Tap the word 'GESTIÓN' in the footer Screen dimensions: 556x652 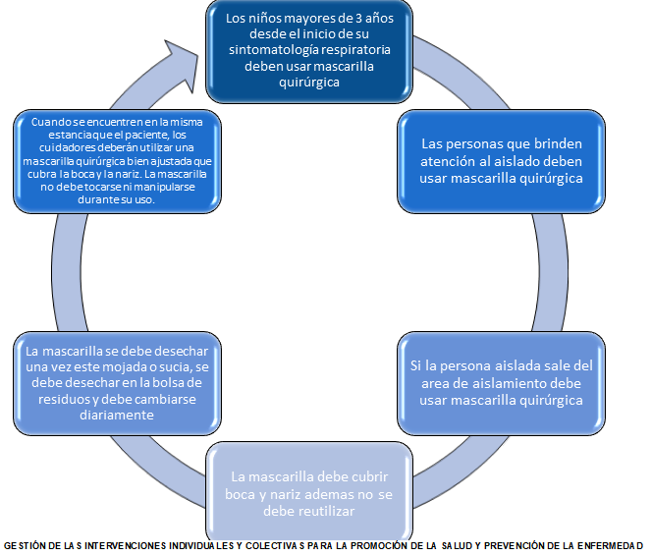25,545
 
